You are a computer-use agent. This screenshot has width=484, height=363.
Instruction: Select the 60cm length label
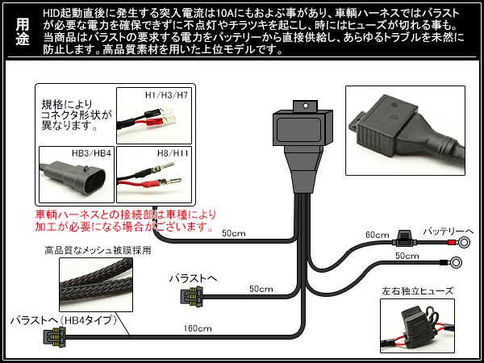(377, 235)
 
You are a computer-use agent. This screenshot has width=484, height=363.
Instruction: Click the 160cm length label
(198, 328)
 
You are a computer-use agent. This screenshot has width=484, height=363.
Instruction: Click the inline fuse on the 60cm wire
(402, 240)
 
